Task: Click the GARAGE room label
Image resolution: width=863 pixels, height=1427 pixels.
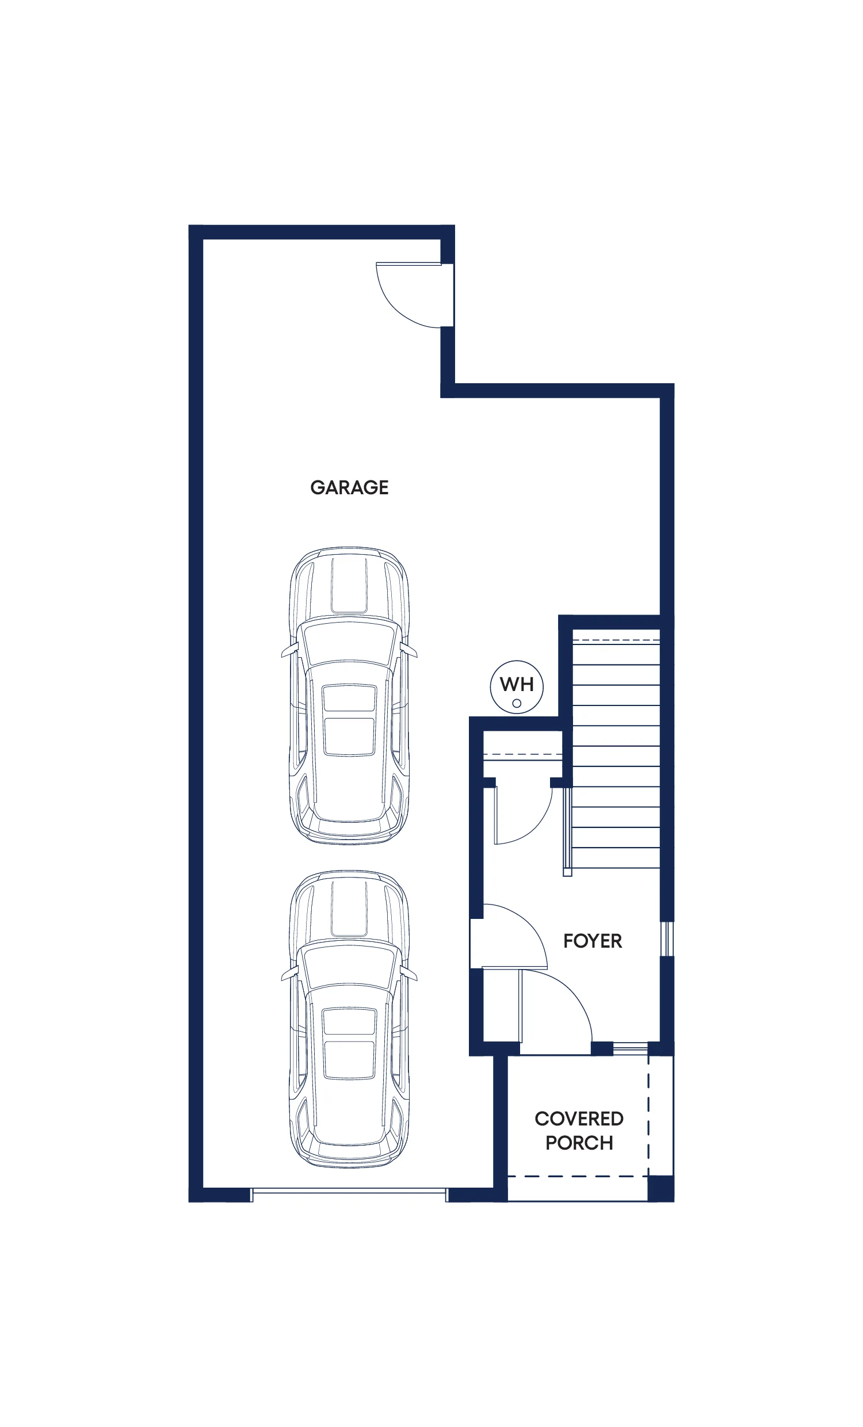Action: coord(349,487)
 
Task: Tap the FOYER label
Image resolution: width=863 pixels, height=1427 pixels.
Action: coord(593,941)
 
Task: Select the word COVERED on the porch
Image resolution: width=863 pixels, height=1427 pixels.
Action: coord(579,1119)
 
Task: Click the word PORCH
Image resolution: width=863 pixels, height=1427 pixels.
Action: coord(579,1143)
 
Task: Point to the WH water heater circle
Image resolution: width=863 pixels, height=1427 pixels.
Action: coord(517,687)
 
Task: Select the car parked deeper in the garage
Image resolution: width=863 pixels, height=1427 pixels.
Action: coord(349,695)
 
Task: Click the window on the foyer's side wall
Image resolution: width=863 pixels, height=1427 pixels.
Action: coord(667,939)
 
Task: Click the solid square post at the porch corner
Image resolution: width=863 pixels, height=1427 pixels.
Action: coord(660,1188)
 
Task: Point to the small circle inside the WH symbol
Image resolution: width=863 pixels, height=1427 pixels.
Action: coord(517,704)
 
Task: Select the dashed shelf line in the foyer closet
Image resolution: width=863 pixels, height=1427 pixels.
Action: coord(522,754)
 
